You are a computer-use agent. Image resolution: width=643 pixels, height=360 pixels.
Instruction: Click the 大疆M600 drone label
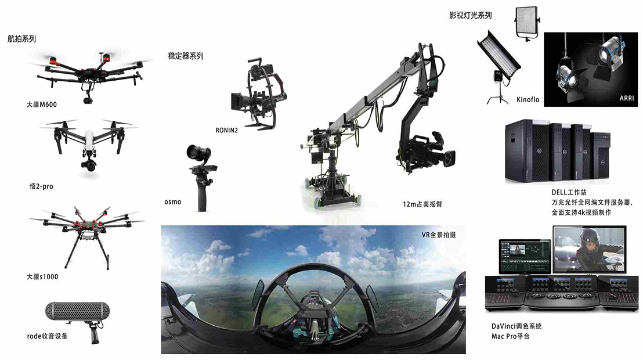click(42, 105)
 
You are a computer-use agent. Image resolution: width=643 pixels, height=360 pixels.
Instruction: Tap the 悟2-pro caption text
click(41, 186)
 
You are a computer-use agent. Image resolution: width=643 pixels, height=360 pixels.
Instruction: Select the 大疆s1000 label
click(42, 276)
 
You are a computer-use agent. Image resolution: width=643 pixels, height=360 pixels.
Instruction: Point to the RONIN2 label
click(227, 130)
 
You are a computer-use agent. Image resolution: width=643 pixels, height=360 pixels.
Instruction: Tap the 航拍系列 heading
click(21, 39)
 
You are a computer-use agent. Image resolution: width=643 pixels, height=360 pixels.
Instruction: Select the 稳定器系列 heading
click(186, 56)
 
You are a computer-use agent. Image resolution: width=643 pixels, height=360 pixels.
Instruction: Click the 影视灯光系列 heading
click(471, 15)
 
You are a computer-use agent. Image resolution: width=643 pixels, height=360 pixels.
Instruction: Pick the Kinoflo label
click(528, 100)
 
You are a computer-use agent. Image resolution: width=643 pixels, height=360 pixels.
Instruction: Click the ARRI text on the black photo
click(627, 99)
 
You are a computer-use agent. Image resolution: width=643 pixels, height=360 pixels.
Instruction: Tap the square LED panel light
click(528, 23)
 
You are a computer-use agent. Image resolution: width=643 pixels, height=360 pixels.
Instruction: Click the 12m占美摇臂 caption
click(422, 204)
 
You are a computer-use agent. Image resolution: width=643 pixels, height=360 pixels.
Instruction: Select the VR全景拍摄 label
click(439, 235)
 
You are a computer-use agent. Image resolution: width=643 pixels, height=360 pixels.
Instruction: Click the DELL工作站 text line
click(569, 192)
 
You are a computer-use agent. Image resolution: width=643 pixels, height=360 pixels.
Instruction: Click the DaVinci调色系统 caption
click(516, 326)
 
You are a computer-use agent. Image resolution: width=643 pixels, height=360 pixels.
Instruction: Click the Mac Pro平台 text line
click(511, 336)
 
